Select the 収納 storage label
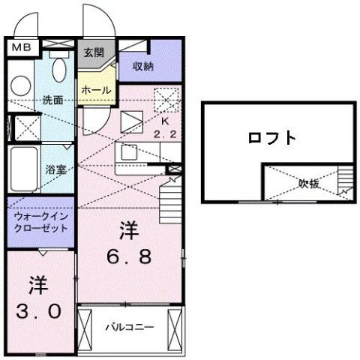(x=144, y=67)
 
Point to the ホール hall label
(x=97, y=91)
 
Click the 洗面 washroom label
(x=52, y=99)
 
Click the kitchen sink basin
(x=127, y=153)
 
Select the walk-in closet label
(x=41, y=221)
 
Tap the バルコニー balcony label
(x=129, y=327)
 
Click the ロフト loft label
(x=272, y=138)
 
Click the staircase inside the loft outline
(x=345, y=181)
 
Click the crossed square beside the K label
(x=164, y=99)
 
